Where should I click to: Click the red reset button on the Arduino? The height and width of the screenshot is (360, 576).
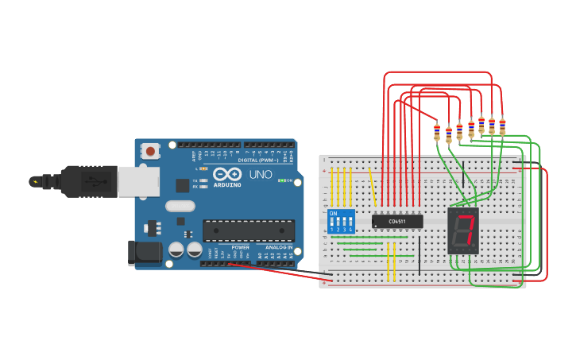(150, 149)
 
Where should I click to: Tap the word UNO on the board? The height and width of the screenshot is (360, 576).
(261, 175)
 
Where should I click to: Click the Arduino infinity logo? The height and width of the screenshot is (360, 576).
(226, 175)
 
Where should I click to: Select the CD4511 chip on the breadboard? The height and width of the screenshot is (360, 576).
(397, 221)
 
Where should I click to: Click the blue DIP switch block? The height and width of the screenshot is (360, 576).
(340, 222)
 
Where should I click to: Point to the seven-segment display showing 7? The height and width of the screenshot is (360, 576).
(464, 230)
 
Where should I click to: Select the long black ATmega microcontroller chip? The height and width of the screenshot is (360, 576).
(249, 230)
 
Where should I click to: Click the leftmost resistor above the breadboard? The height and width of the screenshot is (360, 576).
(437, 132)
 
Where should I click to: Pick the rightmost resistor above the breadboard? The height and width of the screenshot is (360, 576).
(502, 126)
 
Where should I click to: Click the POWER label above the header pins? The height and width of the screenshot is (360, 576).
(240, 247)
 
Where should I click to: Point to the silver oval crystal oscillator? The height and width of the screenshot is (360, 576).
(180, 206)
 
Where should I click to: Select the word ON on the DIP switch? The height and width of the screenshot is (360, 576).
(333, 214)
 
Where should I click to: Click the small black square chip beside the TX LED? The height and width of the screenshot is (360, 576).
(183, 185)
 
